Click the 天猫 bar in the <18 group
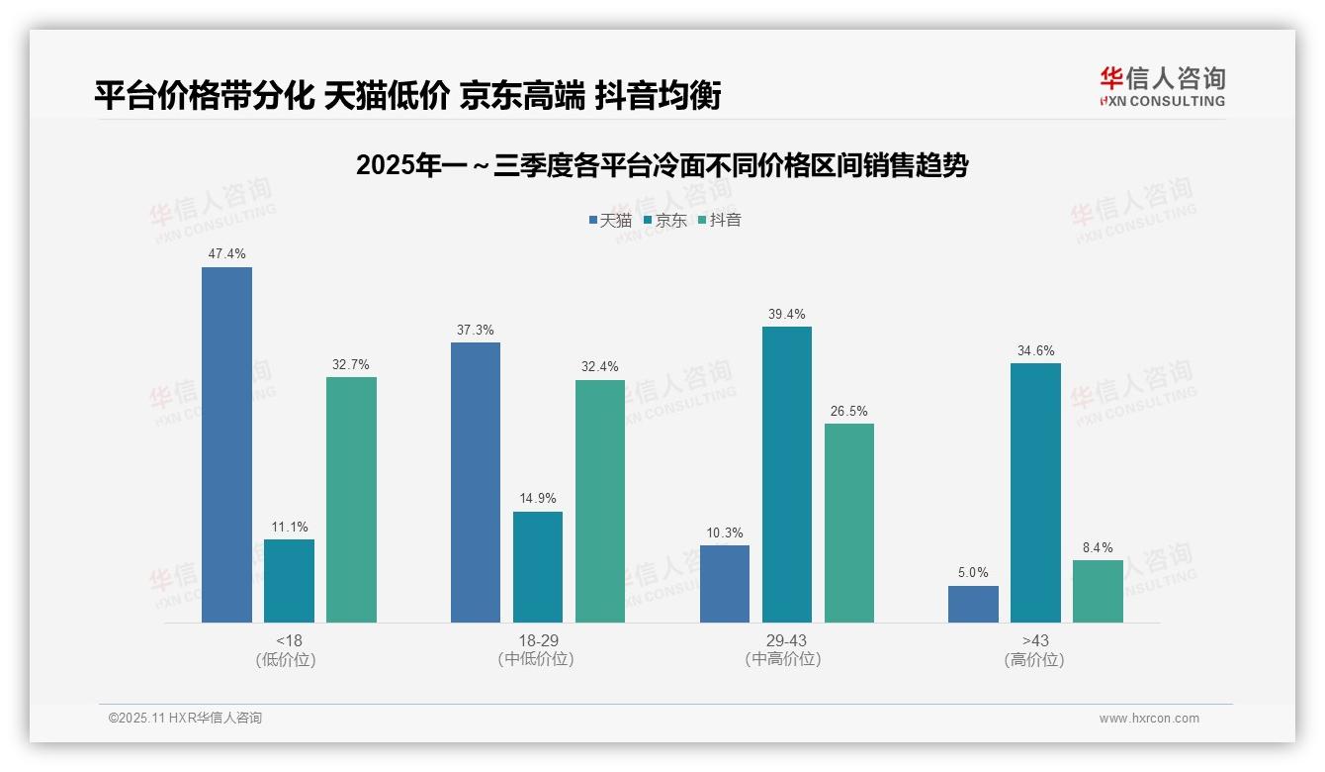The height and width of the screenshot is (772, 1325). click(226, 445)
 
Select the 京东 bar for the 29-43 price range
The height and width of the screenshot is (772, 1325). click(787, 475)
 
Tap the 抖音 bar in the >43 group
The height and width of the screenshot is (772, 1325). click(1098, 592)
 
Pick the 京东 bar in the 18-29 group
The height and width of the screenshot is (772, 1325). click(538, 567)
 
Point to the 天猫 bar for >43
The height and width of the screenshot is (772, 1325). click(973, 605)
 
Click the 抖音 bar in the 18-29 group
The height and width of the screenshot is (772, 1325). click(600, 502)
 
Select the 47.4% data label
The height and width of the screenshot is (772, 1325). click(226, 254)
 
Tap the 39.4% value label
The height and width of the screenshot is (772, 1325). click(787, 315)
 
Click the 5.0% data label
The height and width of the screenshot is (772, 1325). click(973, 573)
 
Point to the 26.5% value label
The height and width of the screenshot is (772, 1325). click(849, 412)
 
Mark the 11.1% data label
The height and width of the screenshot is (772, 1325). click(289, 527)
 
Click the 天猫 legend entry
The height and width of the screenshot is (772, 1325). click(610, 221)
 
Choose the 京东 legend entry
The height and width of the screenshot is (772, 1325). click(664, 221)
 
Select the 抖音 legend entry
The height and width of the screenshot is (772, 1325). click(720, 221)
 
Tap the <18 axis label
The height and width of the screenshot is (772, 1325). click(289, 640)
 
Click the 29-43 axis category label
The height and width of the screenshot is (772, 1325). click(787, 640)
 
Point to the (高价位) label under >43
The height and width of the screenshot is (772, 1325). click(1034, 660)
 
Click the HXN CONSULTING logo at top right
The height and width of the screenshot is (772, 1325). click(1162, 87)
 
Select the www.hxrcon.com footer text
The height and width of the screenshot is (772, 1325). click(1149, 719)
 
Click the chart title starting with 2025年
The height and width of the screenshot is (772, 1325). click(662, 165)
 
